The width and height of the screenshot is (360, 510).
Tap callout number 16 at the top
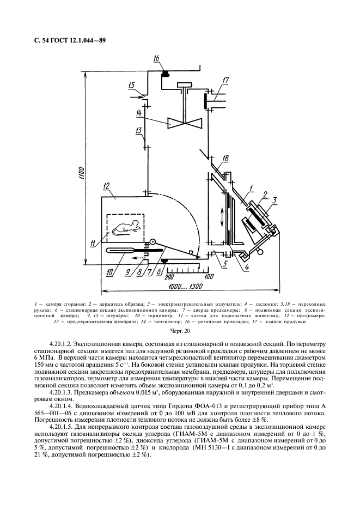tap(157, 58)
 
